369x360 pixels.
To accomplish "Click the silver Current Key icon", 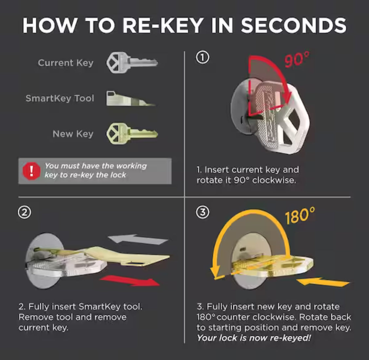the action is [132, 63].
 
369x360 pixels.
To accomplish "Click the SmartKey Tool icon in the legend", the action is [131, 98].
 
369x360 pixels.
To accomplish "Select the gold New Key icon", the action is [132, 133].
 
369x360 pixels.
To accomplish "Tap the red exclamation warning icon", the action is [31, 171].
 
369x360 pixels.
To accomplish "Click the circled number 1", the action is [202, 58].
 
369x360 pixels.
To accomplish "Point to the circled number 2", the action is [24, 212].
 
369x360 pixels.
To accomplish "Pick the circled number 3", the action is [202, 212].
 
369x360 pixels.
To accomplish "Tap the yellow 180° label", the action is [300, 216].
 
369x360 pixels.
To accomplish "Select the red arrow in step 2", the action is [130, 280].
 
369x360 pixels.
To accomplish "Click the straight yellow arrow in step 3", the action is [323, 282].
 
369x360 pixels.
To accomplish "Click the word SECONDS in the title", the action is [294, 26].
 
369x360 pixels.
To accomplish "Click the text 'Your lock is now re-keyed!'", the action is [254, 338].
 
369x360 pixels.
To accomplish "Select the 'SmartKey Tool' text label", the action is [60, 98].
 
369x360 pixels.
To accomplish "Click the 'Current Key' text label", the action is [66, 63].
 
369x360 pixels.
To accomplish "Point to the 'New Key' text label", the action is [73, 134].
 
